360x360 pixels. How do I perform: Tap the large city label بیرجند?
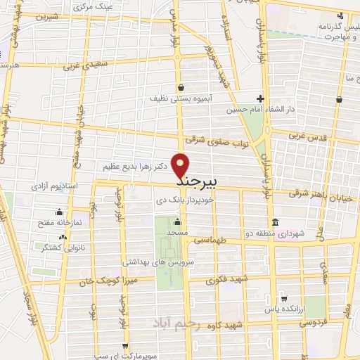coord(191,181)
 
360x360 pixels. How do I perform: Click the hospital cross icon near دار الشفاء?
coord(259,98)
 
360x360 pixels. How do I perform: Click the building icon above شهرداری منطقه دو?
coord(276,220)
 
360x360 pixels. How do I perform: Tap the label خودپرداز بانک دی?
coord(163,201)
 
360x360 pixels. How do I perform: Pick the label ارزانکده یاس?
coord(284,310)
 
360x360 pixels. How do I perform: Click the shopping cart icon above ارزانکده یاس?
coord(283,297)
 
